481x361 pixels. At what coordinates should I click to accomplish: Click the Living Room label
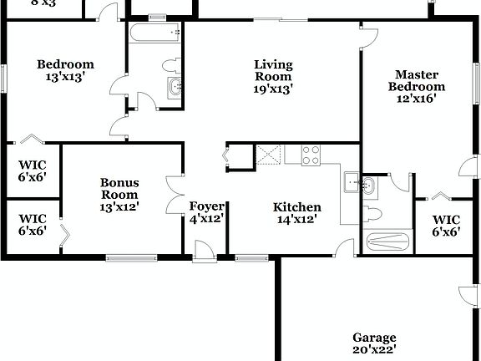[x=273, y=69]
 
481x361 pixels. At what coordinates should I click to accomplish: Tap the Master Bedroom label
[x=416, y=80]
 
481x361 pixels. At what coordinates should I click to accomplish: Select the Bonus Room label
[x=119, y=189]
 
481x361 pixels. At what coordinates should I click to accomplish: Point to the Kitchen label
[x=297, y=207]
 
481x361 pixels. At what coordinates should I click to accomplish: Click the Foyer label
[x=206, y=207]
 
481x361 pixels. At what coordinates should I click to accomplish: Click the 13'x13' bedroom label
[x=65, y=75]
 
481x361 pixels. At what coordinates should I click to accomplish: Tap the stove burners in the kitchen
[x=311, y=155]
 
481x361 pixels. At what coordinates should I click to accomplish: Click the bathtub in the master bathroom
[x=387, y=242]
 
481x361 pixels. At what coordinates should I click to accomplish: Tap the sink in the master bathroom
[x=370, y=183]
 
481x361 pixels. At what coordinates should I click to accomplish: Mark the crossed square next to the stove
[x=269, y=155]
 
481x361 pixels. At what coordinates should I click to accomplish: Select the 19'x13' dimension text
[x=273, y=87]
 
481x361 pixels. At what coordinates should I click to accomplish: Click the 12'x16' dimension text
[x=416, y=98]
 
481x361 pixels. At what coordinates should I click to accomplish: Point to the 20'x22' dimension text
[x=373, y=350]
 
